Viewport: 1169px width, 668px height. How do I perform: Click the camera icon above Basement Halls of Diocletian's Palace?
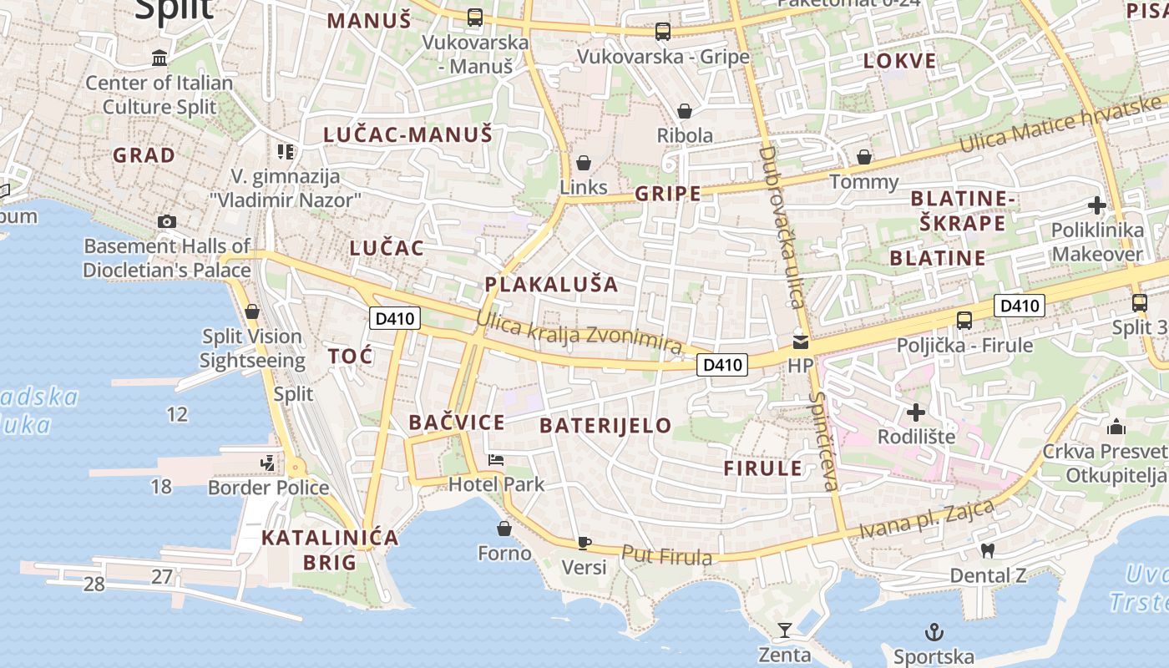coord(167,221)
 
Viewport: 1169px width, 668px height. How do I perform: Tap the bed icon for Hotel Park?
coord(496,460)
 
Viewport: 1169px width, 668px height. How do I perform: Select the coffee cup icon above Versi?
coord(584,543)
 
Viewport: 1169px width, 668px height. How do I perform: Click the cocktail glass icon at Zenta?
coord(785,630)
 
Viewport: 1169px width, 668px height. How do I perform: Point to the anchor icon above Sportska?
coord(934,632)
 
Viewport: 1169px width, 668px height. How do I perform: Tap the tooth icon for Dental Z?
coord(988,550)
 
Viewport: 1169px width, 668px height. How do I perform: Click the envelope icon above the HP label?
coord(801,342)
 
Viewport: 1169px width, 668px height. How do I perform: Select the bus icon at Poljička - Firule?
coord(964,320)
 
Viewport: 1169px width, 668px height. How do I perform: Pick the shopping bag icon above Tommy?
coord(864,157)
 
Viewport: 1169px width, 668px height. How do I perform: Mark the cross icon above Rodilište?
coord(916,412)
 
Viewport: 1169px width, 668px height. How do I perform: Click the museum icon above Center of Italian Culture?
coord(159,58)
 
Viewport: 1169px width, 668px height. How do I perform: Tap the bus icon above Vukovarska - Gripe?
coord(663,32)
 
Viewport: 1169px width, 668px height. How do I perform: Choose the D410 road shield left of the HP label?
coord(722,364)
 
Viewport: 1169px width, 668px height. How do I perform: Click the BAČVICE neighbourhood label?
coord(457,423)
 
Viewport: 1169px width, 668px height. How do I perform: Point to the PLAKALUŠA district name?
coord(552,285)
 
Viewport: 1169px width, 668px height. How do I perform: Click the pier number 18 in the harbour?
coord(161,486)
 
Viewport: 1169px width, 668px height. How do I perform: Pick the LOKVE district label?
coord(899,61)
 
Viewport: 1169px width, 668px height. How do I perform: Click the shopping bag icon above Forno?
coord(504,529)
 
